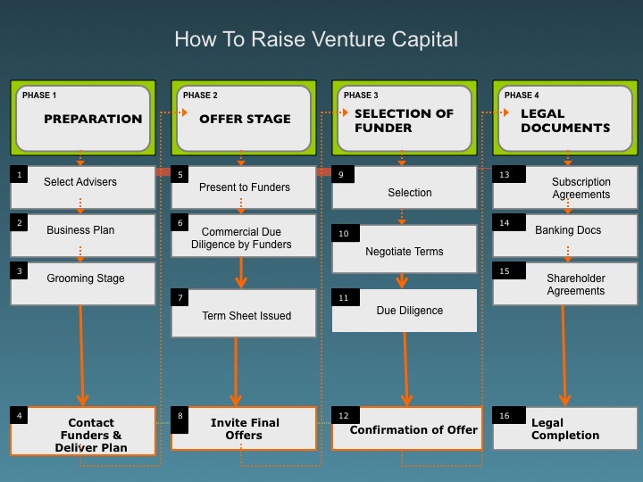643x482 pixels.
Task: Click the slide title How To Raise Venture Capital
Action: pyautogui.click(x=316, y=40)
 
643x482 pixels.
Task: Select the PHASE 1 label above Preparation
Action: pyautogui.click(x=39, y=96)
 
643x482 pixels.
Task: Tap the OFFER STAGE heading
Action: pyautogui.click(x=245, y=119)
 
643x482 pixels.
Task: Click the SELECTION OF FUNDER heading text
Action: pyautogui.click(x=404, y=120)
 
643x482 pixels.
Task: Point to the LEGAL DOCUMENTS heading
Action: pyautogui.click(x=565, y=120)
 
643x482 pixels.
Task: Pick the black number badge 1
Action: pyautogui.click(x=19, y=174)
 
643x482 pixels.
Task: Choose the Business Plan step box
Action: pyautogui.click(x=83, y=236)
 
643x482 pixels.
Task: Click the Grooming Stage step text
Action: pyautogui.click(x=86, y=278)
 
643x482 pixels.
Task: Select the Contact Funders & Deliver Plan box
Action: pyautogui.click(x=83, y=431)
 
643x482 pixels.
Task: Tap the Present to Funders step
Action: pyautogui.click(x=244, y=187)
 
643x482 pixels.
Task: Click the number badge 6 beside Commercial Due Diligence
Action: pyautogui.click(x=180, y=222)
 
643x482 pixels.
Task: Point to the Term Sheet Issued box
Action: pyautogui.click(x=244, y=313)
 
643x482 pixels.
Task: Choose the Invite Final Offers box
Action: pyautogui.click(x=244, y=428)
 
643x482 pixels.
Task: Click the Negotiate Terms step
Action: pyautogui.click(x=405, y=248)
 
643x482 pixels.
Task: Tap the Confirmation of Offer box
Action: pyautogui.click(x=407, y=428)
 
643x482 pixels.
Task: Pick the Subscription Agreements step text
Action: pyautogui.click(x=580, y=187)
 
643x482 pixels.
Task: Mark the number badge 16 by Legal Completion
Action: pyautogui.click(x=509, y=415)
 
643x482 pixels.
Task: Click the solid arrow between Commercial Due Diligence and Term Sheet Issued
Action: pyautogui.click(x=241, y=272)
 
